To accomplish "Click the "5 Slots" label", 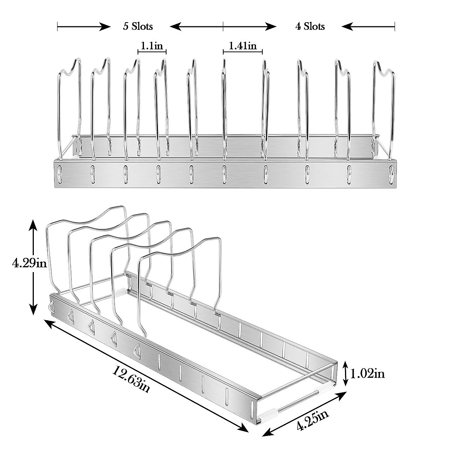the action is pos(138,26).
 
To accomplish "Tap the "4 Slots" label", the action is pos(310,26).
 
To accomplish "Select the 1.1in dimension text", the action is pos(152,45).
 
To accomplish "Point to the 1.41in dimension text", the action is pos(243,45).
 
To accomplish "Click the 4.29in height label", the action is pos(29,263).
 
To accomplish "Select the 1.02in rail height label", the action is pos(368,374).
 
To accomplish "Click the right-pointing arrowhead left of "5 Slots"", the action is pos(105,27).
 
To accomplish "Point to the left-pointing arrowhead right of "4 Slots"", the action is pos(347,27).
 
